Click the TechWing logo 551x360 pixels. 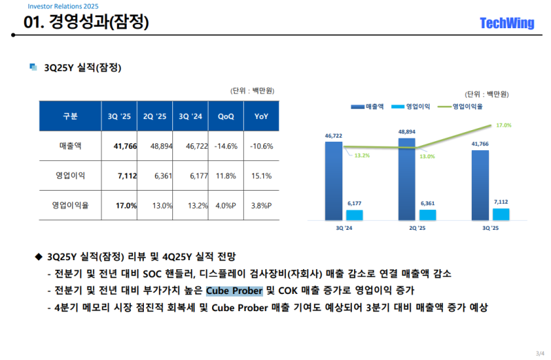(x=506, y=23)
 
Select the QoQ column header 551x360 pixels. (x=226, y=116)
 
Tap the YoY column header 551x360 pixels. (x=262, y=116)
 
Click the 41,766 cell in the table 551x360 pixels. (x=125, y=146)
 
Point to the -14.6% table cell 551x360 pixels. (x=226, y=146)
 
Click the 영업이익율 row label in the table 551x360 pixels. (x=70, y=205)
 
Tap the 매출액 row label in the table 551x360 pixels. (x=70, y=146)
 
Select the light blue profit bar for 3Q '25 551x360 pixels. (x=501, y=214)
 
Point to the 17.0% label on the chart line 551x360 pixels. (x=503, y=125)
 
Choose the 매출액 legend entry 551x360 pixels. (x=370, y=107)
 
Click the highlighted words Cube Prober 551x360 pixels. (x=234, y=290)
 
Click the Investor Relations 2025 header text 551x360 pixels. (x=53, y=6)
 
